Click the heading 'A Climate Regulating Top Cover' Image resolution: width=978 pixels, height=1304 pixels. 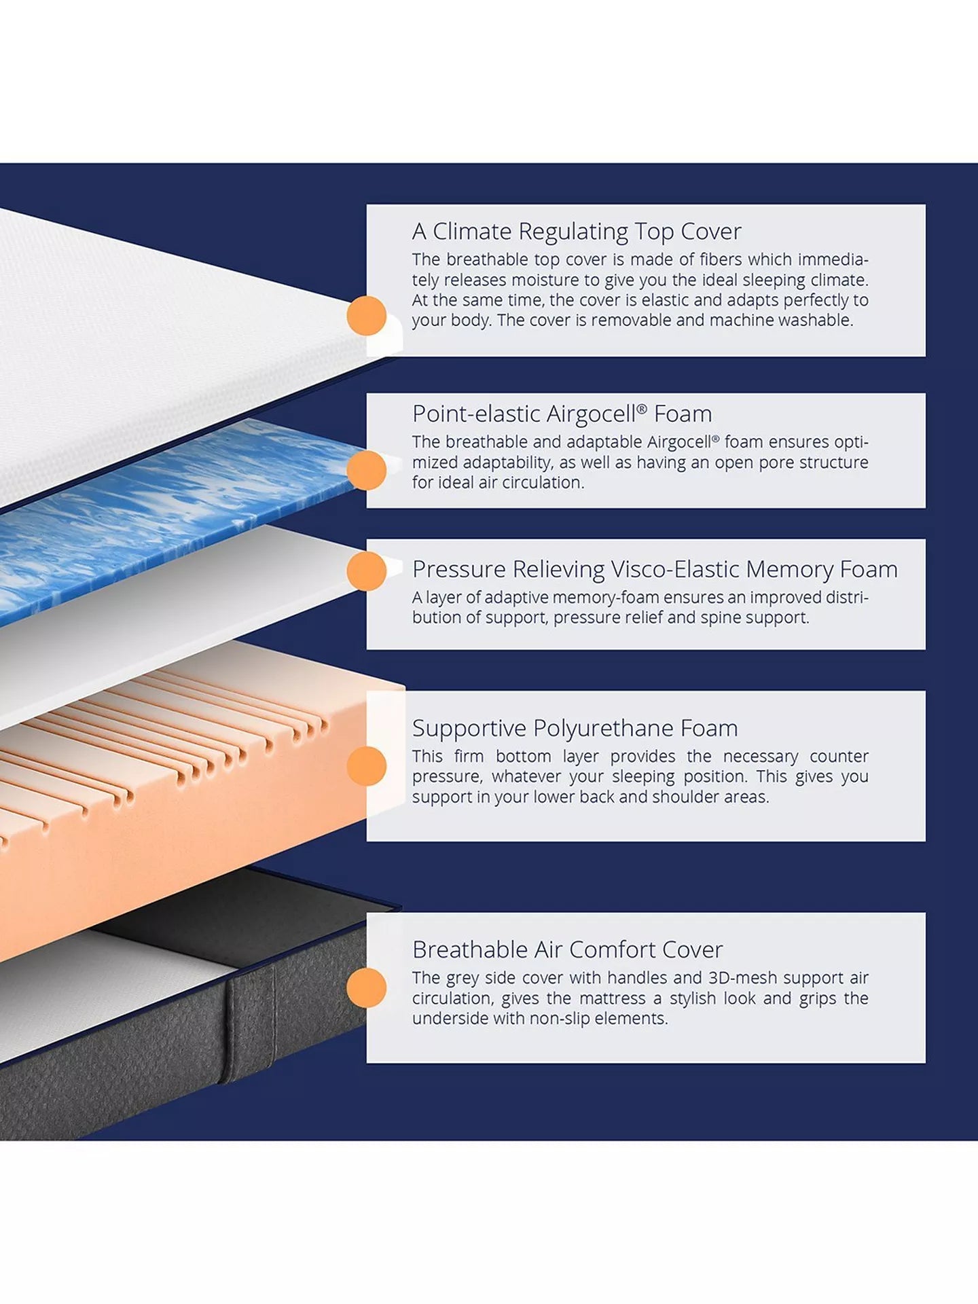pyautogui.click(x=576, y=232)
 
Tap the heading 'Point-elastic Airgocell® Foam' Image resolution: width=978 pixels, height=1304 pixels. pyautogui.click(x=562, y=414)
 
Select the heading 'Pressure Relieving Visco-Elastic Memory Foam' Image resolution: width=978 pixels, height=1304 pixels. pyautogui.click(x=654, y=569)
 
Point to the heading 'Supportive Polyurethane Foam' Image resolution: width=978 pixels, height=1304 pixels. pyautogui.click(x=575, y=728)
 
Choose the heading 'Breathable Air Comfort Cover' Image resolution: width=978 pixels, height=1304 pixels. pyautogui.click(x=567, y=949)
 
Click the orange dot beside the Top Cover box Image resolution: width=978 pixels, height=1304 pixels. pyautogui.click(x=367, y=316)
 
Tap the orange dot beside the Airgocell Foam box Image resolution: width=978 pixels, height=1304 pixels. pyautogui.click(x=367, y=471)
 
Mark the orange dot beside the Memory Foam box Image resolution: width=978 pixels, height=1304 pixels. pyautogui.click(x=367, y=571)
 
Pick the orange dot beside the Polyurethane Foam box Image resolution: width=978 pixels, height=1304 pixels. pyautogui.click(x=367, y=766)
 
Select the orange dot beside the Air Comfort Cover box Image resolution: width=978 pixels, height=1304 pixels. pyautogui.click(x=367, y=988)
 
